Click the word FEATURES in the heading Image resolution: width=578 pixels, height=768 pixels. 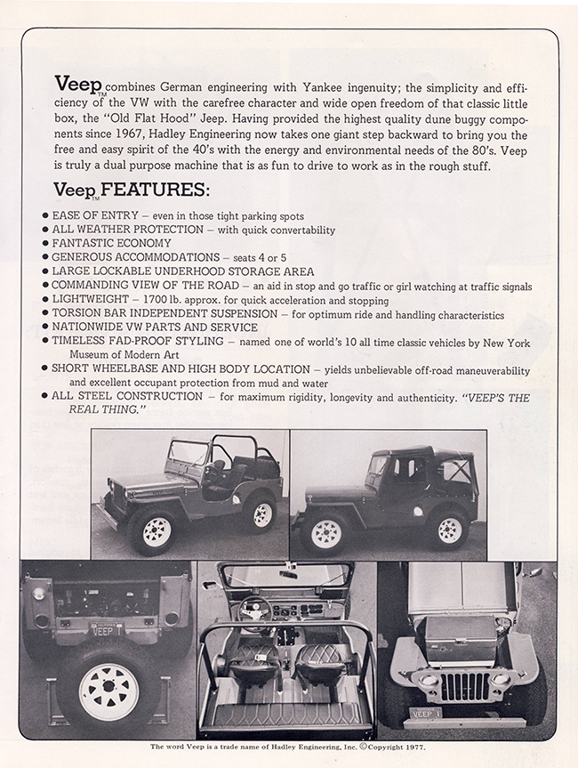[156, 190]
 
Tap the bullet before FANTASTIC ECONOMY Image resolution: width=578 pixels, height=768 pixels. [45, 243]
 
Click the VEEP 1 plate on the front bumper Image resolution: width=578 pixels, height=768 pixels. [424, 714]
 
